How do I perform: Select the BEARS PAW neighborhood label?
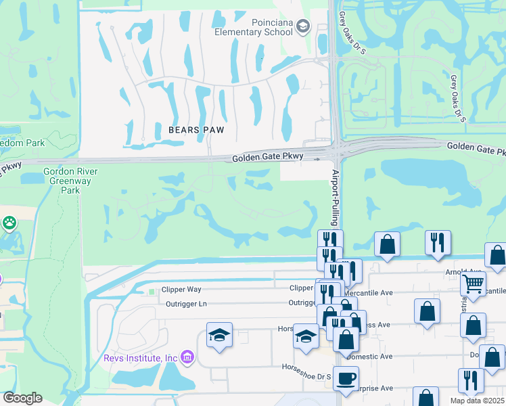[196, 129]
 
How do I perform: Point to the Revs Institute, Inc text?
[140, 357]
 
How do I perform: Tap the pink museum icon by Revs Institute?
[187, 357]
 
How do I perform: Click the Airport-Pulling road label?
[334, 198]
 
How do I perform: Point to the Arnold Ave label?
[477, 272]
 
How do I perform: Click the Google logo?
[22, 398]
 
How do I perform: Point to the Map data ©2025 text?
[477, 401]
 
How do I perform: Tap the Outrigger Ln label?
[186, 304]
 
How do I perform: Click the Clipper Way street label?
[183, 289]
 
